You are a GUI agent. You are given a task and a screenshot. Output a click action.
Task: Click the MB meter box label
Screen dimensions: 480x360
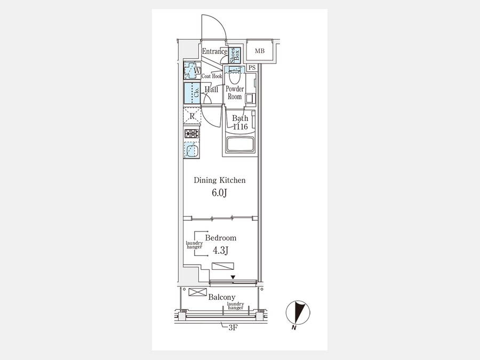pos(260,51)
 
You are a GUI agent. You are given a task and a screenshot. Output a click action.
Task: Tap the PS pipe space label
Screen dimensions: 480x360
pos(252,68)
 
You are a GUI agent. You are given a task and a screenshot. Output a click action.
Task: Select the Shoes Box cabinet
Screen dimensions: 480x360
pos(235,55)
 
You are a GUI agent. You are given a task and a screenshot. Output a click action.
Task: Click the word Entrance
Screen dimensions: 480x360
pos(214,51)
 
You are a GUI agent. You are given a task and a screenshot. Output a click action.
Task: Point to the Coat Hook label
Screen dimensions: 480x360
pos(212,76)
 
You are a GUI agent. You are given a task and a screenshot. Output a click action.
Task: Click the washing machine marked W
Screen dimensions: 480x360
pos(192,70)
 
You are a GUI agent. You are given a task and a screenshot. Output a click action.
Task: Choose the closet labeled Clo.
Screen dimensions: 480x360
pos(192,93)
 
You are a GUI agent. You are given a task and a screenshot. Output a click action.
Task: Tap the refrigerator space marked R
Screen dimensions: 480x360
pos(191,116)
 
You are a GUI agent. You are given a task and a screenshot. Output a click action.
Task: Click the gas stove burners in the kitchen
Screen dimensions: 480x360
pos(191,134)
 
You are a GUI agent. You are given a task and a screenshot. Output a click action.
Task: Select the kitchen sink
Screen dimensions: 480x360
pos(191,150)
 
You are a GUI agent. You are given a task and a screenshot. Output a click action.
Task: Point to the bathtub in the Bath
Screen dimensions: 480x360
pos(239,145)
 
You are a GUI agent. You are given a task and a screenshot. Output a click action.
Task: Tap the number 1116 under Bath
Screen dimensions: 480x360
pos(241,126)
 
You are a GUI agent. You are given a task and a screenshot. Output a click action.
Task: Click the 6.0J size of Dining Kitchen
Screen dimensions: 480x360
pos(219,193)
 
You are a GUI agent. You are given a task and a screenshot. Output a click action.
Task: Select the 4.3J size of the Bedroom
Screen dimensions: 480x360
pos(221,251)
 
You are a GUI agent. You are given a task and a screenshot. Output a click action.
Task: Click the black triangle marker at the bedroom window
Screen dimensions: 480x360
pos(233,277)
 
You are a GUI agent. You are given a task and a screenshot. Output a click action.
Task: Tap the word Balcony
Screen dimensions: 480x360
pos(222,297)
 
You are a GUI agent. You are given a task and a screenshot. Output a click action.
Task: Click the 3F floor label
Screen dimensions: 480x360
pos(233,328)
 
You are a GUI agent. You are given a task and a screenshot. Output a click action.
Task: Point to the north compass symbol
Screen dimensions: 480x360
pos(298,313)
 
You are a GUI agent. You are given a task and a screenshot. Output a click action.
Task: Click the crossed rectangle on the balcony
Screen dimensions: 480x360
pos(198,292)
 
